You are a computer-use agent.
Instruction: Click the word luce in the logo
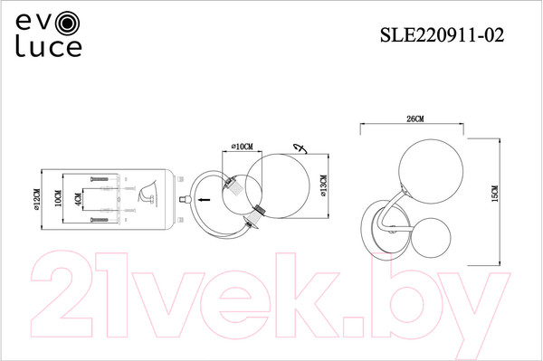[x=47, y=46]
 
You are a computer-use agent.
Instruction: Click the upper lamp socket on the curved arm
[x=233, y=185]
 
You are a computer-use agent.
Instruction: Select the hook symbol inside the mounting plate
[x=144, y=195]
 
